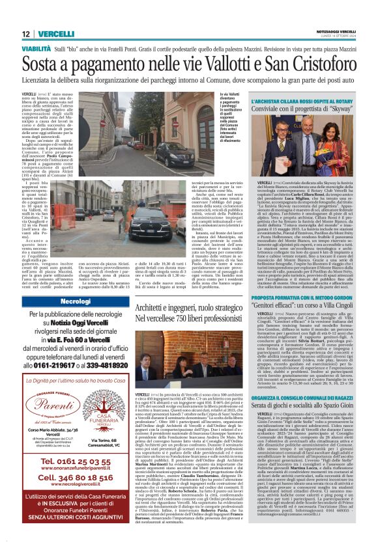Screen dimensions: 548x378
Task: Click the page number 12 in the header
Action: tap(25, 34)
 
